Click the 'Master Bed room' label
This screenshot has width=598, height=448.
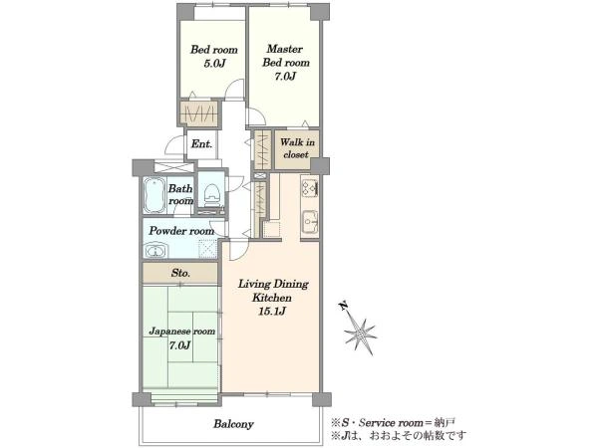(x=285, y=56)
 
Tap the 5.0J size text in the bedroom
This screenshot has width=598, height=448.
(x=214, y=64)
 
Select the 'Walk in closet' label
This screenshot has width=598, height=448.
(x=297, y=148)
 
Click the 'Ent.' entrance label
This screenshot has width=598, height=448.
(x=201, y=144)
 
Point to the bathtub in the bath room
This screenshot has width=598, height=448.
(x=154, y=196)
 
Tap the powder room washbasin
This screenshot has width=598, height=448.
(x=155, y=251)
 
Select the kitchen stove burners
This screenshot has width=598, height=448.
(x=310, y=187)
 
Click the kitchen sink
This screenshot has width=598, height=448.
(x=310, y=222)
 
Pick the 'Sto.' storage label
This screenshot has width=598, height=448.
(x=180, y=273)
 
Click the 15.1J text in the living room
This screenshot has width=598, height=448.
(x=272, y=312)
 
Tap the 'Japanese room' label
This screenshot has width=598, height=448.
(x=182, y=332)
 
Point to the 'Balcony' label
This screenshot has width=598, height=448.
(x=233, y=424)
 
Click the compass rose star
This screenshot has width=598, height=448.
(x=360, y=335)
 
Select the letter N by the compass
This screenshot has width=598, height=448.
(x=343, y=305)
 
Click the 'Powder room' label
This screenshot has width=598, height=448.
(x=181, y=231)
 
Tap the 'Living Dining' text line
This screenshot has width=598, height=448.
(x=273, y=284)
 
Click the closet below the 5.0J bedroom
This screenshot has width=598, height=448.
(x=198, y=113)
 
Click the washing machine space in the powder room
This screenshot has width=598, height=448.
(x=208, y=248)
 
